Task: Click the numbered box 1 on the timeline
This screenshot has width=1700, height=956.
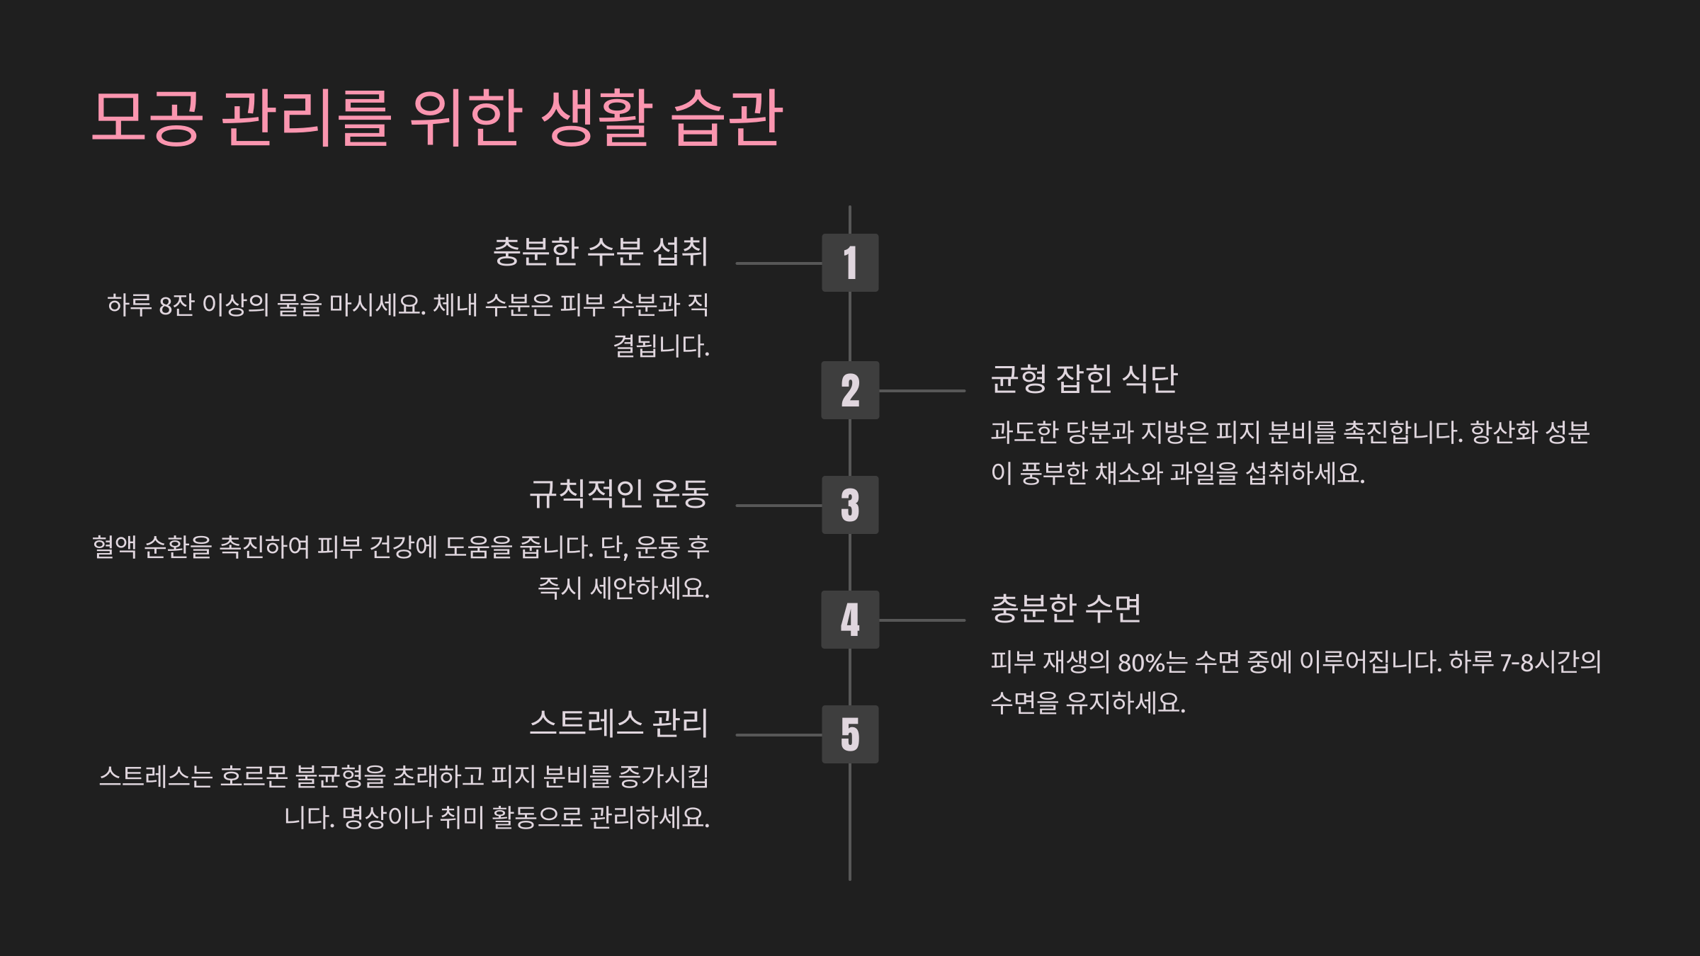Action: pyautogui.click(x=850, y=263)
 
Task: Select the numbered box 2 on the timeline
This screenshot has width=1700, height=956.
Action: pyautogui.click(x=850, y=390)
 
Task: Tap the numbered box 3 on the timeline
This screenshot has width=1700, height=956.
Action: pyautogui.click(x=850, y=505)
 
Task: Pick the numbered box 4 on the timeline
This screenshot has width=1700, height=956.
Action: pyautogui.click(x=850, y=620)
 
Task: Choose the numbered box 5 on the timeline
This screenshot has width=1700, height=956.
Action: pyautogui.click(x=850, y=734)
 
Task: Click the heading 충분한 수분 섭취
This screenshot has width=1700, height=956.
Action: pyautogui.click(x=601, y=251)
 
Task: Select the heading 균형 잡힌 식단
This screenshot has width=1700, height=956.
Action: pyautogui.click(x=1084, y=379)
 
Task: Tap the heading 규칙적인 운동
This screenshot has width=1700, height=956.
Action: pyautogui.click(x=619, y=494)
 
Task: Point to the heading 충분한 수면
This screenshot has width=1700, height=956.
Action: pyautogui.click(x=1065, y=608)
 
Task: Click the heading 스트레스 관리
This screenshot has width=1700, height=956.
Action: pyautogui.click(x=619, y=723)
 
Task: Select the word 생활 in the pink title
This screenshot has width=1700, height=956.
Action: pyautogui.click(x=596, y=118)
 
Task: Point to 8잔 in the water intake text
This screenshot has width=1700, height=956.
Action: pyautogui.click(x=176, y=305)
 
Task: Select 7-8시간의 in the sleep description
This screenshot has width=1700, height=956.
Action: pyautogui.click(x=1551, y=662)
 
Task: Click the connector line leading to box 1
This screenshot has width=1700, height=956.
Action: pyautogui.click(x=778, y=263)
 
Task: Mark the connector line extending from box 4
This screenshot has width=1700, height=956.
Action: pyautogui.click(x=922, y=620)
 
